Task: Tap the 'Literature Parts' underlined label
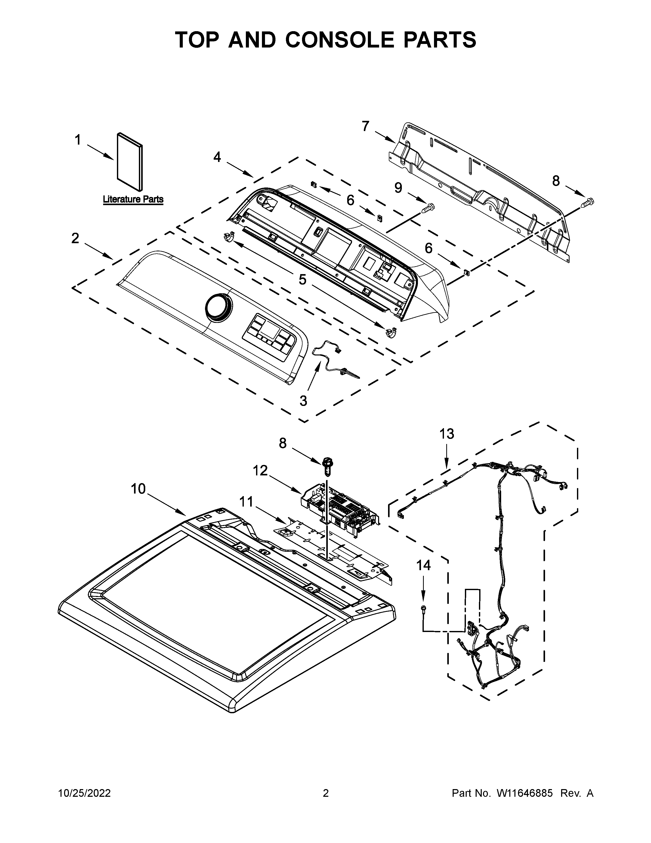pos(133,200)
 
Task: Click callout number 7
pos(365,126)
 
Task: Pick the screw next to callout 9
pos(427,208)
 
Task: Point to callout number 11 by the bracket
pos(246,502)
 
